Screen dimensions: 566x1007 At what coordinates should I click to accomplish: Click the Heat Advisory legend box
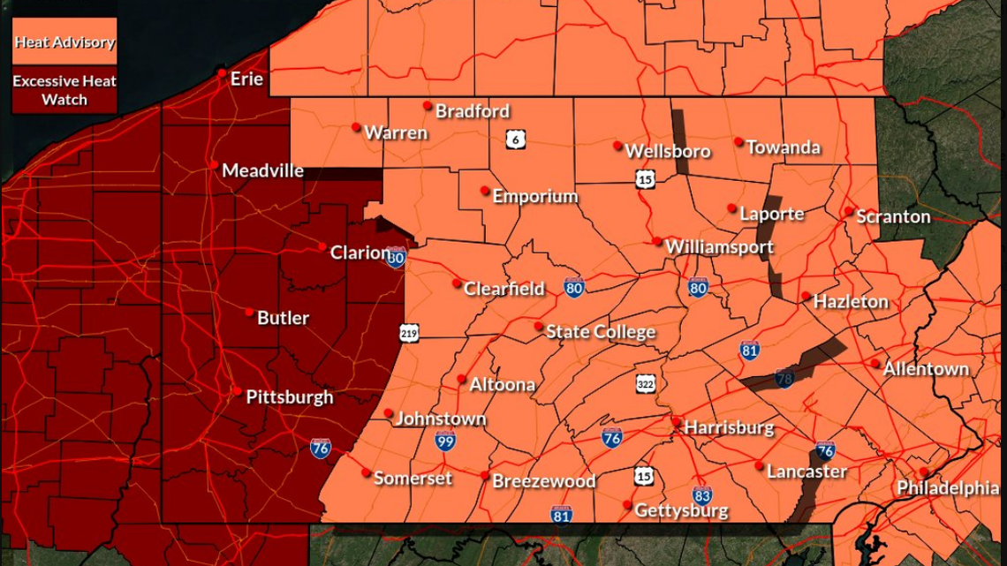(64, 42)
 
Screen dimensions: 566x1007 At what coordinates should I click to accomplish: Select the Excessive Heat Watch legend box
(64, 90)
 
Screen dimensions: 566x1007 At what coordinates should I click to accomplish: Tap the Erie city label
(246, 79)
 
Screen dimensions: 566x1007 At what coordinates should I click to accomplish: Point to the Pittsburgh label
(290, 397)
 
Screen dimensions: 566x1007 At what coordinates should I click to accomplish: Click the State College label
(601, 332)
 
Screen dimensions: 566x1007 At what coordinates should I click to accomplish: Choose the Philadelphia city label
(948, 488)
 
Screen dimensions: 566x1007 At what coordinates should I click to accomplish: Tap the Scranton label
(893, 216)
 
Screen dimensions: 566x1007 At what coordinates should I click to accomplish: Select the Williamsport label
(719, 247)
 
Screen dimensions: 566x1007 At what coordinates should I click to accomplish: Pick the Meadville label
(262, 170)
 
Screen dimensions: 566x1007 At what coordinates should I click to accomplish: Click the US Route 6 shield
(516, 140)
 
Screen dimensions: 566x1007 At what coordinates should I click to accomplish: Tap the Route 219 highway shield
(408, 333)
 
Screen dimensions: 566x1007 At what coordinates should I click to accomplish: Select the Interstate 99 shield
(445, 441)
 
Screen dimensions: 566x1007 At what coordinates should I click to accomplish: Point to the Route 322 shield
(646, 384)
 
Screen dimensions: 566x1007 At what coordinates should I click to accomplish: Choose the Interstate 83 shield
(701, 495)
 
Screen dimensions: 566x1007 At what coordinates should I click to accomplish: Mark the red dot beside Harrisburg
(677, 422)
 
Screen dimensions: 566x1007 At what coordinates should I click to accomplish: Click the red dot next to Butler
(250, 313)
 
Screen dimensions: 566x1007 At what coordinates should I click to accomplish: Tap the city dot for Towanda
(738, 141)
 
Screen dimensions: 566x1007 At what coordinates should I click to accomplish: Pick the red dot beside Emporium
(485, 191)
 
